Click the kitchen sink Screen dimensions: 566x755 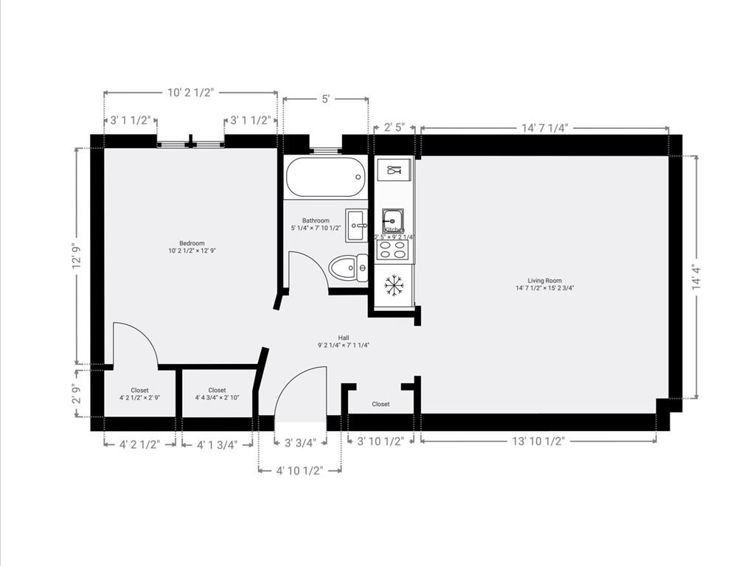pyautogui.click(x=392, y=219)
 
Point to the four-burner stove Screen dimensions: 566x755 pyautogui.click(x=392, y=250)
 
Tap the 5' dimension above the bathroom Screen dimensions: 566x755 pyautogui.click(x=325, y=99)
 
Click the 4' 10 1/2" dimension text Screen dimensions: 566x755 pyautogui.click(x=299, y=471)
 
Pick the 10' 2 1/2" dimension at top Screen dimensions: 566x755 pyautogui.click(x=190, y=93)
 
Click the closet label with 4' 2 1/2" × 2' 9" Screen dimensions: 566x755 pyautogui.click(x=139, y=394)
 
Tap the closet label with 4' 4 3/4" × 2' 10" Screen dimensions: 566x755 pyautogui.click(x=217, y=394)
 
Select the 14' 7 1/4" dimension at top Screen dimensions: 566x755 pyautogui.click(x=544, y=128)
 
